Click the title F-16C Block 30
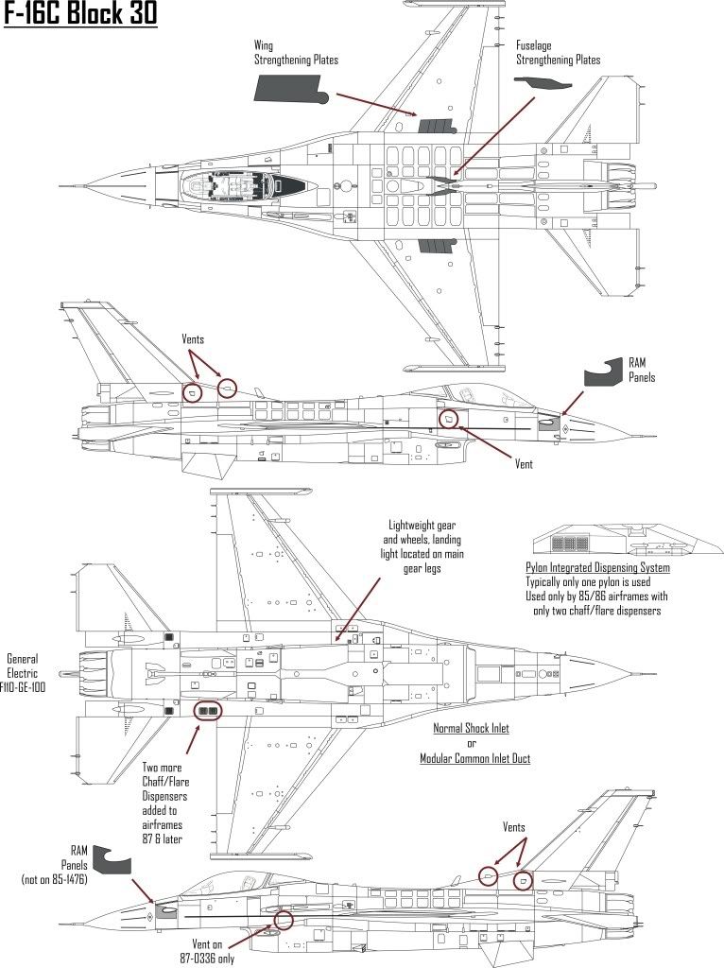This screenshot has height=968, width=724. [x=80, y=16]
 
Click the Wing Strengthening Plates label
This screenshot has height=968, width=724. [x=296, y=52]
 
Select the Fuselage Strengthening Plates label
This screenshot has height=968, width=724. [x=558, y=52]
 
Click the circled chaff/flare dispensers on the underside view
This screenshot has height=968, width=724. [x=207, y=710]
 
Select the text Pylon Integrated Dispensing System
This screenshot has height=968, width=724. [x=597, y=568]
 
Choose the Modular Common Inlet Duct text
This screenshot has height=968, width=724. [x=474, y=758]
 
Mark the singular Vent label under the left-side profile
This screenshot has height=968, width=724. [x=524, y=464]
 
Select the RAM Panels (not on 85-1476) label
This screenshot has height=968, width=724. [x=62, y=866]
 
